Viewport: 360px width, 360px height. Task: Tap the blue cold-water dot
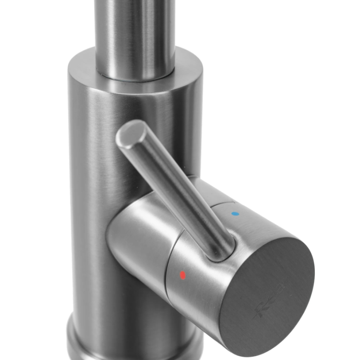pyautogui.click(x=236, y=214)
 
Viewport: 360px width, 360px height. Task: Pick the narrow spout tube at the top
pyautogui.click(x=135, y=33)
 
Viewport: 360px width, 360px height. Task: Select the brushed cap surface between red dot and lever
pyautogui.click(x=199, y=265)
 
